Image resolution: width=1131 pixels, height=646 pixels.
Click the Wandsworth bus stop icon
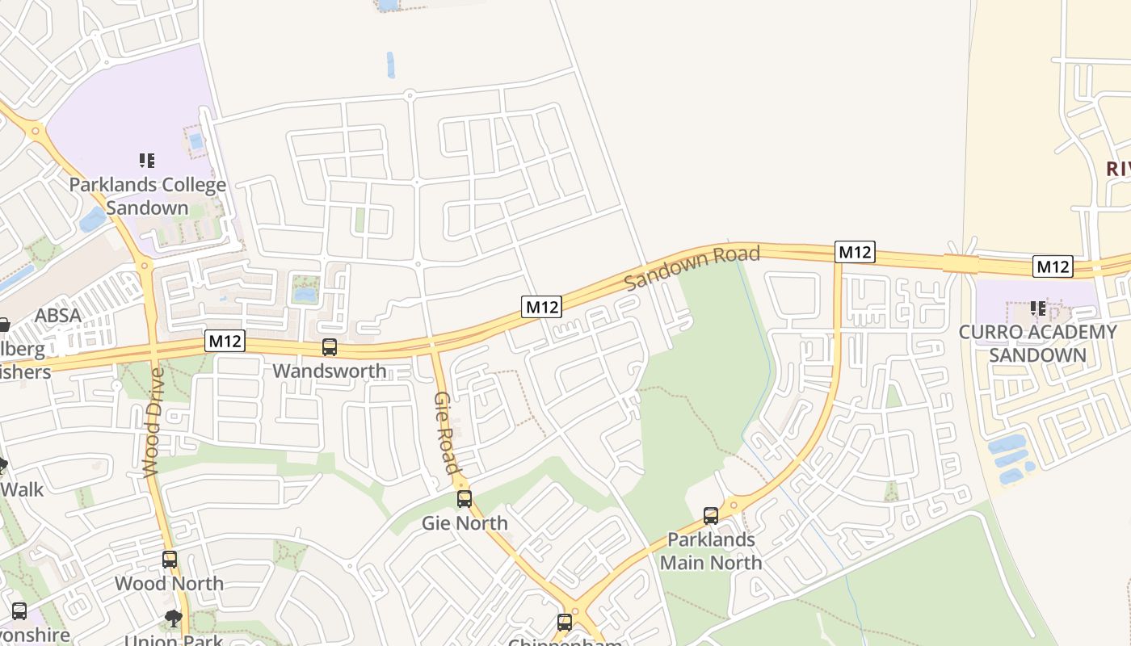[330, 348]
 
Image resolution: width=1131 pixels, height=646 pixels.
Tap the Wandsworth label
[330, 371]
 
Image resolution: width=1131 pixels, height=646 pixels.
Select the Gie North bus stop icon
[465, 499]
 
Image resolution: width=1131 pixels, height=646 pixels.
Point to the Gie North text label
[465, 523]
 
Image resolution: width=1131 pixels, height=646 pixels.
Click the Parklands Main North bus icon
[711, 515]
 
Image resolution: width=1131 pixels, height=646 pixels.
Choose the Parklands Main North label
[711, 551]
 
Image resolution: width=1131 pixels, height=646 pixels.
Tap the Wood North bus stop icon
[170, 560]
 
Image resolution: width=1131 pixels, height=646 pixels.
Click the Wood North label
[170, 583]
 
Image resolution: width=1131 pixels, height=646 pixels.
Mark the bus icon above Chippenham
[565, 623]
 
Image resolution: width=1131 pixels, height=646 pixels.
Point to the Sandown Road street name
[692, 269]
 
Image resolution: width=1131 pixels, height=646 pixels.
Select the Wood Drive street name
[154, 422]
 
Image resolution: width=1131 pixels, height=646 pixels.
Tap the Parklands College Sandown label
[147, 196]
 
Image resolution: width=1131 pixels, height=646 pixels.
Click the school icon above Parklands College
[146, 161]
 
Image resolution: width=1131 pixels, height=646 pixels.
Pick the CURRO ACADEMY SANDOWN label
[1037, 343]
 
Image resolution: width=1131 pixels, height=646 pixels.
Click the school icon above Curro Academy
[1038, 308]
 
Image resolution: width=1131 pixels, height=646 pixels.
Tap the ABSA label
[57, 315]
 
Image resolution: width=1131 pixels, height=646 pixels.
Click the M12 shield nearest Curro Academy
[1053, 266]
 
